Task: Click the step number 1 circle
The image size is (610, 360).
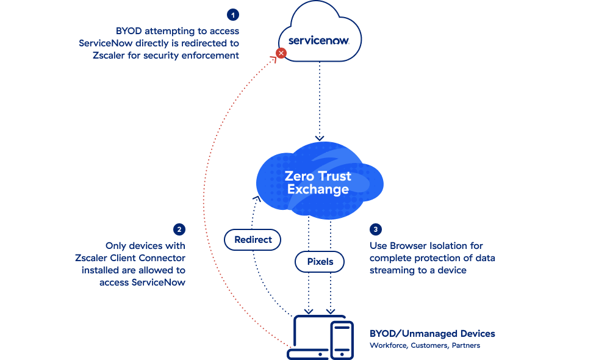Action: pyautogui.click(x=232, y=14)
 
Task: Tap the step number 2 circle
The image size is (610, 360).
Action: pyautogui.click(x=179, y=229)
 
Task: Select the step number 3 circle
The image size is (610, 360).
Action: pyautogui.click(x=376, y=229)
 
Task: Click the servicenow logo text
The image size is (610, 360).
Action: pyautogui.click(x=317, y=40)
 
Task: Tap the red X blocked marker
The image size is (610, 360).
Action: pyautogui.click(x=281, y=53)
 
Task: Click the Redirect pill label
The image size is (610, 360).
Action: pyautogui.click(x=253, y=240)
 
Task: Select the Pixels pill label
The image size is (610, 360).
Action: pyautogui.click(x=320, y=262)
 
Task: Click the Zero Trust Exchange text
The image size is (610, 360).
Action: pyautogui.click(x=318, y=182)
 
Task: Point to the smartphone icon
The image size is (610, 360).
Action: pyautogui.click(x=341, y=340)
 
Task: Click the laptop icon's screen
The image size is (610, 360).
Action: pyautogui.click(x=312, y=333)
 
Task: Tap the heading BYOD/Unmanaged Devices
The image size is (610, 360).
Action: pyautogui.click(x=432, y=334)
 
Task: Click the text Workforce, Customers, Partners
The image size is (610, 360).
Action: pyautogui.click(x=425, y=345)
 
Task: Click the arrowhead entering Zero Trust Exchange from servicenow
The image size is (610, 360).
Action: pyautogui.click(x=320, y=138)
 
